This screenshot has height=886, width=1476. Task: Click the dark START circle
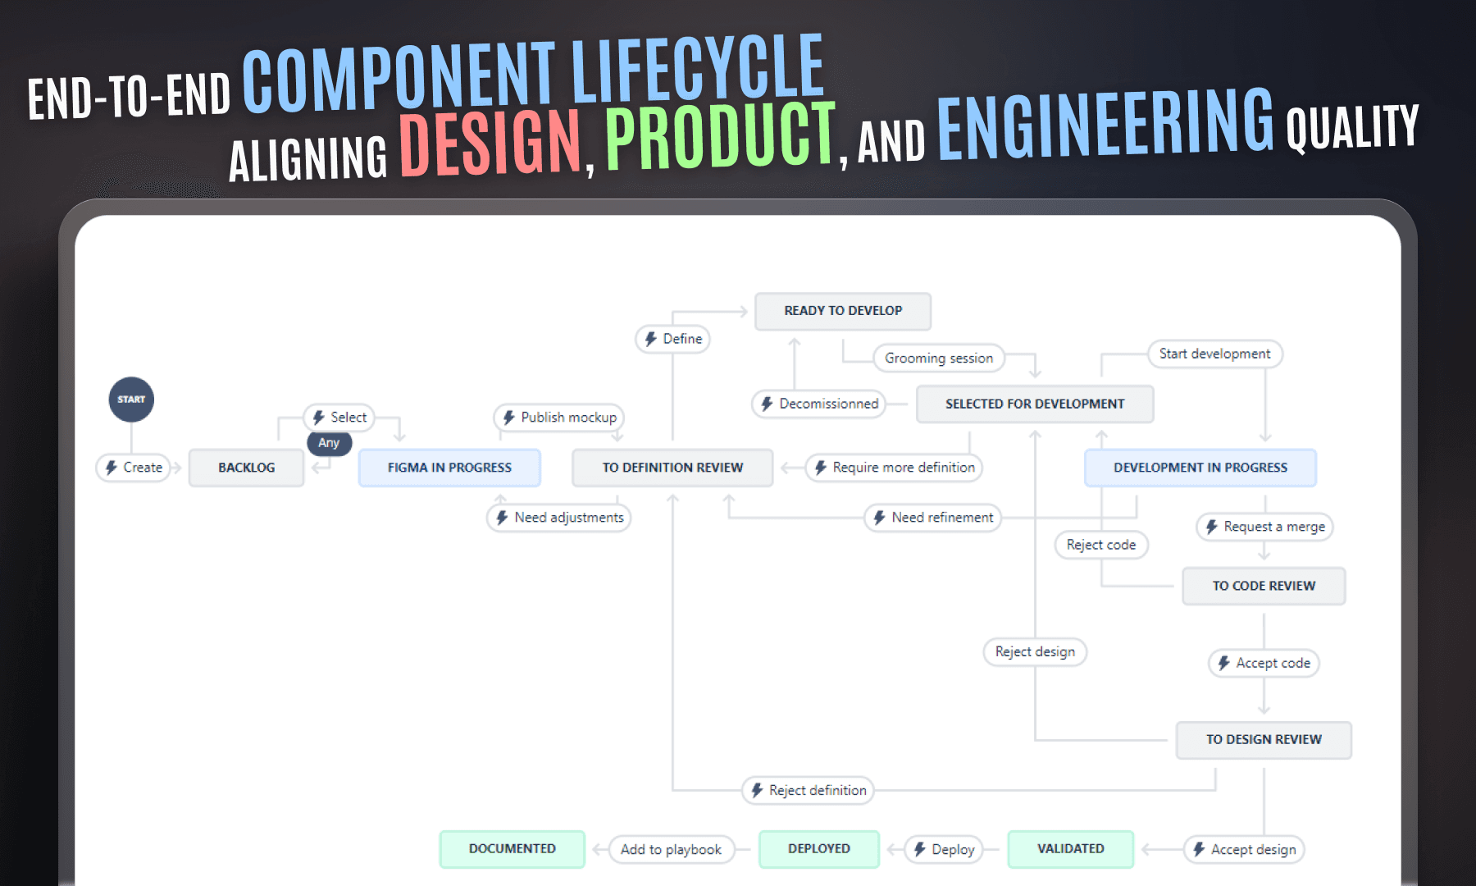pos(131,400)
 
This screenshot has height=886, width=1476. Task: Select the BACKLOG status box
pos(246,468)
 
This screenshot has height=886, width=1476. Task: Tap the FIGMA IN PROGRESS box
pos(449,468)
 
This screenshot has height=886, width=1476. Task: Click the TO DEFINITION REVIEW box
pos(672,468)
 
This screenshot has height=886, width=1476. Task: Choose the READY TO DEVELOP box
pos(843,311)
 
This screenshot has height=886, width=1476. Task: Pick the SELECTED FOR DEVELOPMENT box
pos(1035,404)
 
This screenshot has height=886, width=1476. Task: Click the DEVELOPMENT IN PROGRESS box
pos(1200,468)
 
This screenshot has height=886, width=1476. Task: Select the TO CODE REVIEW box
pos(1264,586)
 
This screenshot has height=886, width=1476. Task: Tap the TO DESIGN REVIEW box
pos(1264,739)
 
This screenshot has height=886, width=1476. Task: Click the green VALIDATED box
pos(1070,849)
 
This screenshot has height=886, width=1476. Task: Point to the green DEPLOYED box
pos(819,849)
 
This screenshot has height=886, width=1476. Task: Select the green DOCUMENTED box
pos(512,849)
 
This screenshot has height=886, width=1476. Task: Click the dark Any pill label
pos(329,443)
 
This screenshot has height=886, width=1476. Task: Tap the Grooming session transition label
pos(939,358)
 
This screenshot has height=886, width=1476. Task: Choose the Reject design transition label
pos(1035,651)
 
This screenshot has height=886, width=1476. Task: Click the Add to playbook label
pos(671,849)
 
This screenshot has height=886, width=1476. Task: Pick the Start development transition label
pos(1214,354)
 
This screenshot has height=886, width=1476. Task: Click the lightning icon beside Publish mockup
pos(508,418)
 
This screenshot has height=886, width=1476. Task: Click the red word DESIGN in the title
pos(490,143)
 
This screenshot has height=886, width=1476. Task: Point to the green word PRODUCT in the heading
pos(720,135)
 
